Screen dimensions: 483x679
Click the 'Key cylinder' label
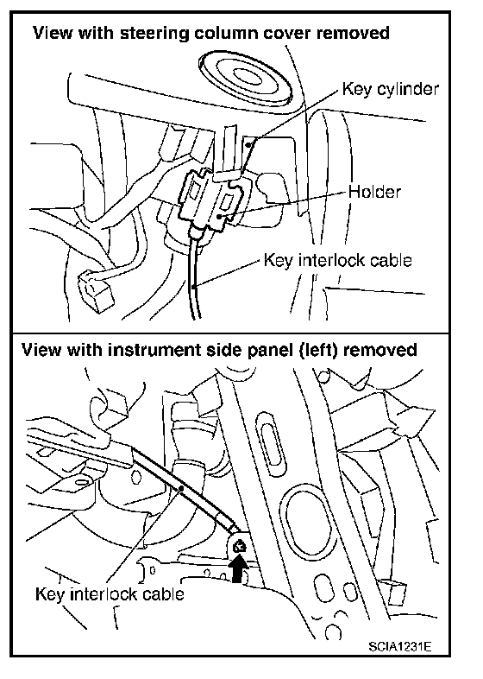point(391,89)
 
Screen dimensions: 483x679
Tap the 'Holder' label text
point(374,192)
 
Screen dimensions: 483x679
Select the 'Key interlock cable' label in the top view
point(337,260)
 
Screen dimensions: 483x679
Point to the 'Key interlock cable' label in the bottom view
point(110,593)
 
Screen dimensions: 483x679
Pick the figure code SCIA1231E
point(399,646)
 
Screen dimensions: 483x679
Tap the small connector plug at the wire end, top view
point(95,290)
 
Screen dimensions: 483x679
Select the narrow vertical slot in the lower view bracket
point(270,445)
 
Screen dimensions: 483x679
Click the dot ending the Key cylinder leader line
point(248,145)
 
